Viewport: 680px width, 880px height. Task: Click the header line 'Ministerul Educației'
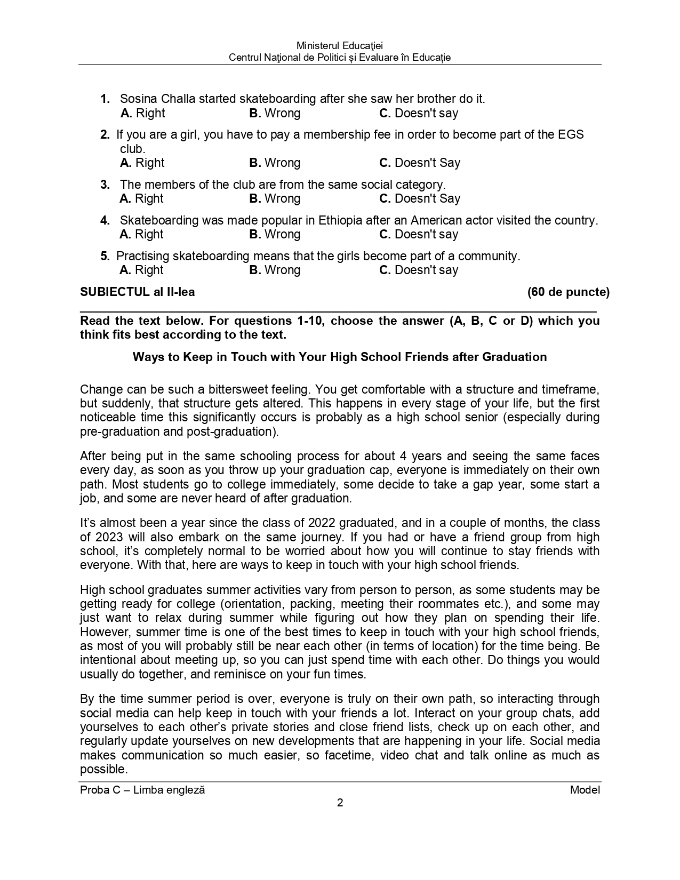click(x=340, y=46)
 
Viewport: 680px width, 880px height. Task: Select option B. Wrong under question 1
click(x=275, y=113)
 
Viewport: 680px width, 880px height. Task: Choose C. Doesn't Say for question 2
click(x=419, y=163)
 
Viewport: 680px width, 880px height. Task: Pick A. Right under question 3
click(x=142, y=198)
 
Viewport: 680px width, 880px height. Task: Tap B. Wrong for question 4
click(x=275, y=234)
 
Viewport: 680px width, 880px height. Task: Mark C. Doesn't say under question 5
click(x=418, y=270)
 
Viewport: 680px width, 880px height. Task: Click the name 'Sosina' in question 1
click(x=138, y=99)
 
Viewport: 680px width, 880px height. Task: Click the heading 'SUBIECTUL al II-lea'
click(x=137, y=292)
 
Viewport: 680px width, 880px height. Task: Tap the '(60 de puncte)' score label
click(x=568, y=292)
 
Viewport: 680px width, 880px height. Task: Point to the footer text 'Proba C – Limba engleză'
click(x=142, y=790)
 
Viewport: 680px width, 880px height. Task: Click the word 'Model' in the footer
click(x=585, y=790)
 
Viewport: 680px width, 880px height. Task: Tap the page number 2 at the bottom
click(x=340, y=803)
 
